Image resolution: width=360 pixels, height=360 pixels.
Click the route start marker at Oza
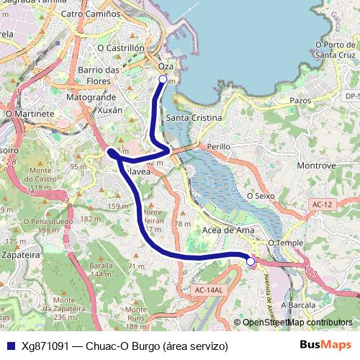(x=163, y=79)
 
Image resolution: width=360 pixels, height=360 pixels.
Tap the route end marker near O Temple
(x=251, y=261)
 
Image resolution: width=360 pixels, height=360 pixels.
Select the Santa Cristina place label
(x=194, y=117)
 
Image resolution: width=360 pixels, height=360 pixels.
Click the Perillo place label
(x=218, y=146)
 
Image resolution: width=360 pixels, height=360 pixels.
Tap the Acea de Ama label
(x=228, y=230)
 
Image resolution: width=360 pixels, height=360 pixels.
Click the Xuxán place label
(x=109, y=110)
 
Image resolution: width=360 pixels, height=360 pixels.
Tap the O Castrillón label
(x=120, y=48)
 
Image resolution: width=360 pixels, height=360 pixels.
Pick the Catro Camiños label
(x=91, y=14)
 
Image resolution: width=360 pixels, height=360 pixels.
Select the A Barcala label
(x=299, y=305)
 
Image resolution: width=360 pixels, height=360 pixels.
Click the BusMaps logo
(x=325, y=345)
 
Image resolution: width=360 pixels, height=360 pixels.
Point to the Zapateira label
(x=19, y=254)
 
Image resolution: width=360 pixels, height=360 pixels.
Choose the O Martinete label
(x=30, y=114)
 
